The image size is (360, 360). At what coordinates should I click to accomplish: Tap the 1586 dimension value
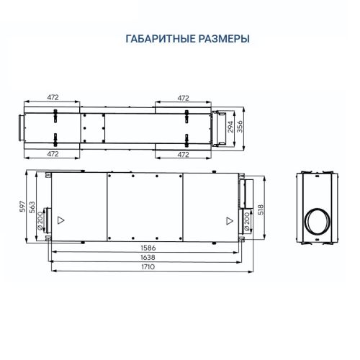[x=148, y=248]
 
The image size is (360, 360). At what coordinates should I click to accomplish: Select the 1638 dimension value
[x=148, y=257]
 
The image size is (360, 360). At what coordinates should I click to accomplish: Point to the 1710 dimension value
[x=148, y=266]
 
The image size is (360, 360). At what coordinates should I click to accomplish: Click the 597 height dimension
[x=22, y=206]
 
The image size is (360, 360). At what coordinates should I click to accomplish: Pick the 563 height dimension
[x=32, y=207]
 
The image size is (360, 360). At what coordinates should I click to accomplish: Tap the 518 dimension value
[x=261, y=209]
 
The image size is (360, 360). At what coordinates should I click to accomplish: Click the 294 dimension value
[x=230, y=127]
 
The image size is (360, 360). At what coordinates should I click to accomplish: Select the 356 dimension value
[x=240, y=126]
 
